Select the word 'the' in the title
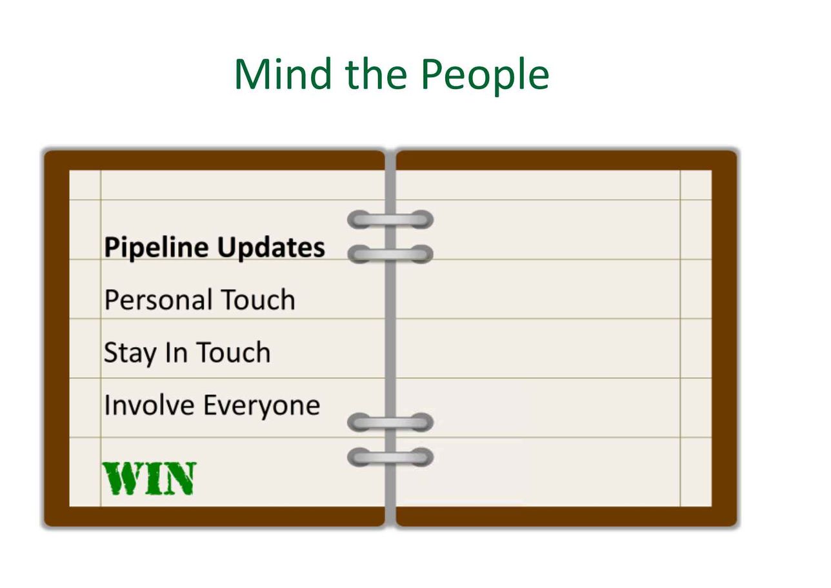tap(376, 74)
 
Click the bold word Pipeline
tap(157, 248)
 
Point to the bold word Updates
tap(271, 248)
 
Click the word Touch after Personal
tap(259, 299)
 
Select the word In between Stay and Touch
tap(176, 352)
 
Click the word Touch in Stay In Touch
tap(234, 352)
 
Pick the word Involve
tap(149, 405)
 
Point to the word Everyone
tap(262, 406)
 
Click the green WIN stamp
tap(149, 479)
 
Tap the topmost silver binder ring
tap(390, 219)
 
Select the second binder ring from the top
tap(390, 254)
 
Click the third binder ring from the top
tap(390, 422)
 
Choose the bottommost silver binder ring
tap(390, 458)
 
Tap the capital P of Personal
tap(112, 299)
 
